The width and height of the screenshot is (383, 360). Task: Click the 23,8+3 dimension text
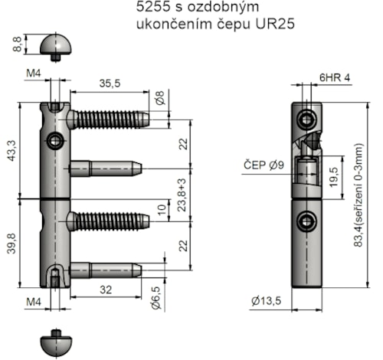[x=182, y=195]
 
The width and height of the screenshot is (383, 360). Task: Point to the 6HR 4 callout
[x=335, y=78]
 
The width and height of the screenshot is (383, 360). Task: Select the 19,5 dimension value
[x=334, y=176]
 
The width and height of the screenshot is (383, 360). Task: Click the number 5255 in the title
[x=146, y=9]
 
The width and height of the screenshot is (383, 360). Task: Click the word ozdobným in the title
[x=216, y=9]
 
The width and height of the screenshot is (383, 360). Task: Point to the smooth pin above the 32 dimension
[x=105, y=270]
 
